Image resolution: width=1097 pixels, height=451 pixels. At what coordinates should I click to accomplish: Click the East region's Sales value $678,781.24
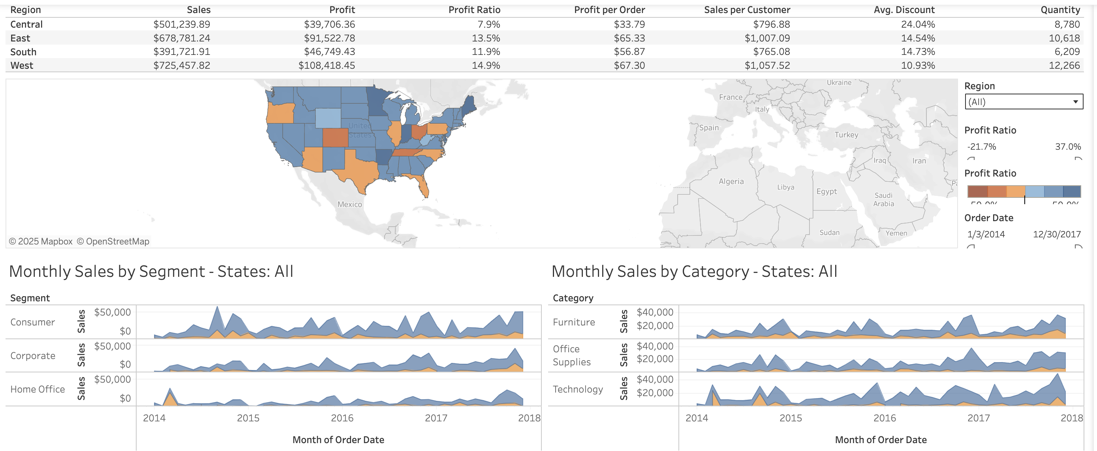point(181,38)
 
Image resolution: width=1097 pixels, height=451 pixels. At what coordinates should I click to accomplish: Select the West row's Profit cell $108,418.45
point(326,65)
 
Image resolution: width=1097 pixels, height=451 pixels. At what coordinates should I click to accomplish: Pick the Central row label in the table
point(26,24)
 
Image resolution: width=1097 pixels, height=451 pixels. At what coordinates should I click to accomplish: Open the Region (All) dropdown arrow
point(1075,102)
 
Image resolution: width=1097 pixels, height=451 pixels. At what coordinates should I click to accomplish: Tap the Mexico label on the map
point(349,205)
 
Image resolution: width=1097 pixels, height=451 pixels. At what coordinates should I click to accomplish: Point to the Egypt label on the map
point(826,191)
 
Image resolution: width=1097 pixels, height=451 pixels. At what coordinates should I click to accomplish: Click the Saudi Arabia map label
point(883,199)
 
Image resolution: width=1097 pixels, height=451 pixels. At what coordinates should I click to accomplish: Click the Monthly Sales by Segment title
point(151,271)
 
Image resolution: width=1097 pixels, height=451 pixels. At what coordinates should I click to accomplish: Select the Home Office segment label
point(38,389)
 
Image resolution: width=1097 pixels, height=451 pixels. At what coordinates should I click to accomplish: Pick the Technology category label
point(577,389)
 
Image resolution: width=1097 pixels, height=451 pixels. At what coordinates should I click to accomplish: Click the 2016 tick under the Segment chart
point(342,418)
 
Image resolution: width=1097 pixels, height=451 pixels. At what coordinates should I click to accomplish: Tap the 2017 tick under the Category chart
point(978,418)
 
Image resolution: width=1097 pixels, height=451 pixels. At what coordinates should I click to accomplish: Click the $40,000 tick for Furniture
point(655,312)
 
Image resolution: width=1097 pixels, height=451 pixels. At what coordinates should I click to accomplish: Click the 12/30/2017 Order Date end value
point(1057,234)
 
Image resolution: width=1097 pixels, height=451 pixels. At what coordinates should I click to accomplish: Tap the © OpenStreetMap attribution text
point(113,241)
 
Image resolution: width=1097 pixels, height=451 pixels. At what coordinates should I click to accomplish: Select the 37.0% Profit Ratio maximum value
point(1068,147)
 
